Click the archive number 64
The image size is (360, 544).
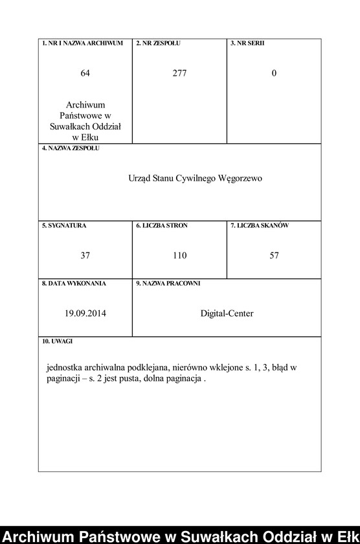tap(85, 74)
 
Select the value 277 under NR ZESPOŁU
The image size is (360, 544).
tap(179, 74)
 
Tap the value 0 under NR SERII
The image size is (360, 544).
tap(274, 74)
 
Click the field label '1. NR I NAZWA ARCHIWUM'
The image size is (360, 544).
tap(82, 43)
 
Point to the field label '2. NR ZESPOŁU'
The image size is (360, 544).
tap(158, 43)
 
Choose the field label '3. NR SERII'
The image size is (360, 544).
tap(247, 43)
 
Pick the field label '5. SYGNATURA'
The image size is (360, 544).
tap(64, 225)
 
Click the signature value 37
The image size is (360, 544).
tap(85, 256)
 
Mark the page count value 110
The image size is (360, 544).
tap(179, 256)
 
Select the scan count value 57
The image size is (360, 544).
tap(274, 256)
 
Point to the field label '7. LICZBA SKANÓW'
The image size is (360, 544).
tap(260, 225)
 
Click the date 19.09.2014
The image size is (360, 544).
tap(85, 313)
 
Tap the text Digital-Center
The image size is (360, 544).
tap(227, 313)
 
